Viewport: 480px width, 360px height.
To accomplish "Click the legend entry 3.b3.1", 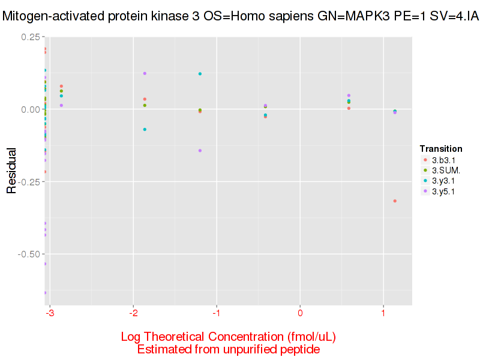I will pos(443,160).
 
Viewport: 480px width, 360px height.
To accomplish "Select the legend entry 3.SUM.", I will pos(445,170).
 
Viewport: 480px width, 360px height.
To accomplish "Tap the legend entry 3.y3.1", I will pos(443,181).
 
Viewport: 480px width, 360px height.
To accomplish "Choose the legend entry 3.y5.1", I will pos(443,191).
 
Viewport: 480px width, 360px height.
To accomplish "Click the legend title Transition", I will pos(441,149).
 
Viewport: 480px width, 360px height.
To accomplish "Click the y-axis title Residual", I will pos(11,172).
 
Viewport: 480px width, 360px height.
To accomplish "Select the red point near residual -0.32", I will pos(395,201).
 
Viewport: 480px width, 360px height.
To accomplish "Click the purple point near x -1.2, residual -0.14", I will pos(200,151).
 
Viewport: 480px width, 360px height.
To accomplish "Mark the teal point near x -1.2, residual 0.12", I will pos(200,74).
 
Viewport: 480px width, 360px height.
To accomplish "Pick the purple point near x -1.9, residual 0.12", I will pos(145,73).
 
